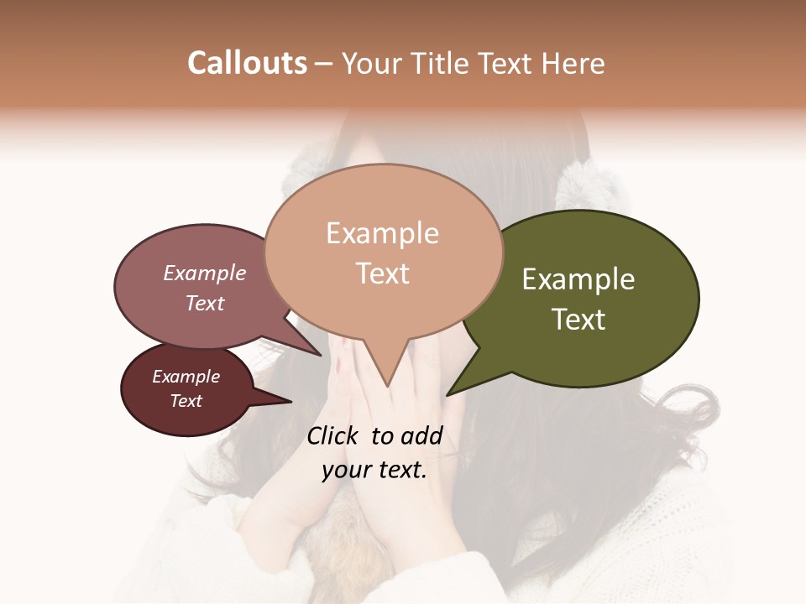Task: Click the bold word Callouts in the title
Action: (x=247, y=63)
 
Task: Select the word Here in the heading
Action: (x=573, y=63)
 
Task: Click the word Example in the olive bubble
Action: (x=578, y=279)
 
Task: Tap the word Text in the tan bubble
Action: (x=383, y=273)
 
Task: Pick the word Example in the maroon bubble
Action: (x=186, y=377)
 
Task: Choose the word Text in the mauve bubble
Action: (x=205, y=303)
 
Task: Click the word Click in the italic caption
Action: (x=334, y=435)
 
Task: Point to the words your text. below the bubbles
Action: (x=374, y=470)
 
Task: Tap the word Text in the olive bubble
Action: (x=578, y=320)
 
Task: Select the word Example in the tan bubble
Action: (x=383, y=233)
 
